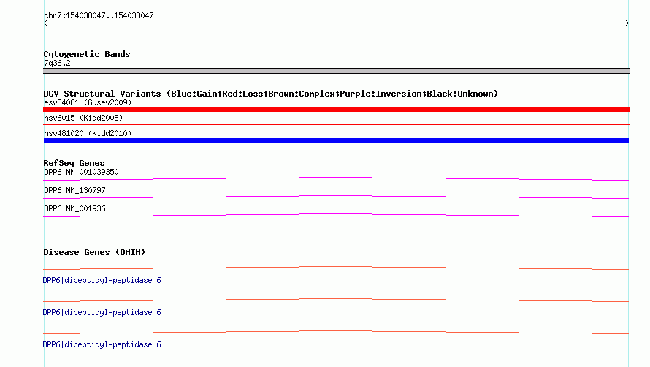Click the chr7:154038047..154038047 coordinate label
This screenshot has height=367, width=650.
(99, 16)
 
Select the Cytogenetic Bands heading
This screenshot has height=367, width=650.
(87, 54)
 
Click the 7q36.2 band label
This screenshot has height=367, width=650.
(57, 63)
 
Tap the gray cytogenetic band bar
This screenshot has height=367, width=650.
(336, 71)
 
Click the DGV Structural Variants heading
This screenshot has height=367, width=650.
(271, 94)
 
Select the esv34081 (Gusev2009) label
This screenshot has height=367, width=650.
(88, 102)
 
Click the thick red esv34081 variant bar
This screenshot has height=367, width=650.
(336, 110)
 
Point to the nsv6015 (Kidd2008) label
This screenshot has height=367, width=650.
(83, 118)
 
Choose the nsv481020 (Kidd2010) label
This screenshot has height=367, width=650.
(88, 133)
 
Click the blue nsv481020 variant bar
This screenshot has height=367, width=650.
(336, 140)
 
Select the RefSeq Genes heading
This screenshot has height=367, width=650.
(74, 163)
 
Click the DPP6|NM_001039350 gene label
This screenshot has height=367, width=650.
(81, 172)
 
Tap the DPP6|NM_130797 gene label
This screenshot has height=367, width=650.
(74, 190)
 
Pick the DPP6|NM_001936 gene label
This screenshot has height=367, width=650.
(74, 208)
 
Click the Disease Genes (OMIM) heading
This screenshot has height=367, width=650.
(94, 252)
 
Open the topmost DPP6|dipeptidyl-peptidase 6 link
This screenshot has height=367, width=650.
(102, 280)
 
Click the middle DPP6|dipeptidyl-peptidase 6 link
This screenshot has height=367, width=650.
(102, 312)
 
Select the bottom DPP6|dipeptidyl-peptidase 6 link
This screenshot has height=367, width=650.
(102, 344)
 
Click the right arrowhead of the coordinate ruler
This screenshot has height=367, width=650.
(628, 23)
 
